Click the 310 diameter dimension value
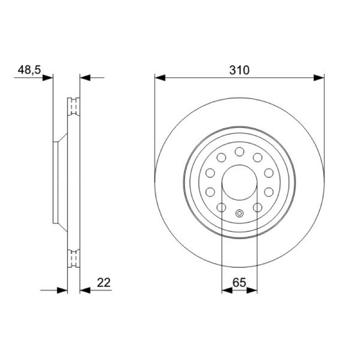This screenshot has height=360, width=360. point(239,70)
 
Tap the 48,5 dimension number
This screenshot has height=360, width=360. point(29,70)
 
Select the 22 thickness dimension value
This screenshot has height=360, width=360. point(104,283)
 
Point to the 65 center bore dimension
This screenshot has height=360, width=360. point(239,283)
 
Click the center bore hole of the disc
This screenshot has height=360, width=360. point(239,182)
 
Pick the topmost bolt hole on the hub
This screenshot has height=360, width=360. point(239,152)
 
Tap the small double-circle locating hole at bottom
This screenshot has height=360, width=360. point(239,213)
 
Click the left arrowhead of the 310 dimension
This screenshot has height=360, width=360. point(160,77)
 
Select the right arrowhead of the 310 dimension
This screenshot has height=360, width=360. point(319,77)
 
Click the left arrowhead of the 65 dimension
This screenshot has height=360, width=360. point(227,290)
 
